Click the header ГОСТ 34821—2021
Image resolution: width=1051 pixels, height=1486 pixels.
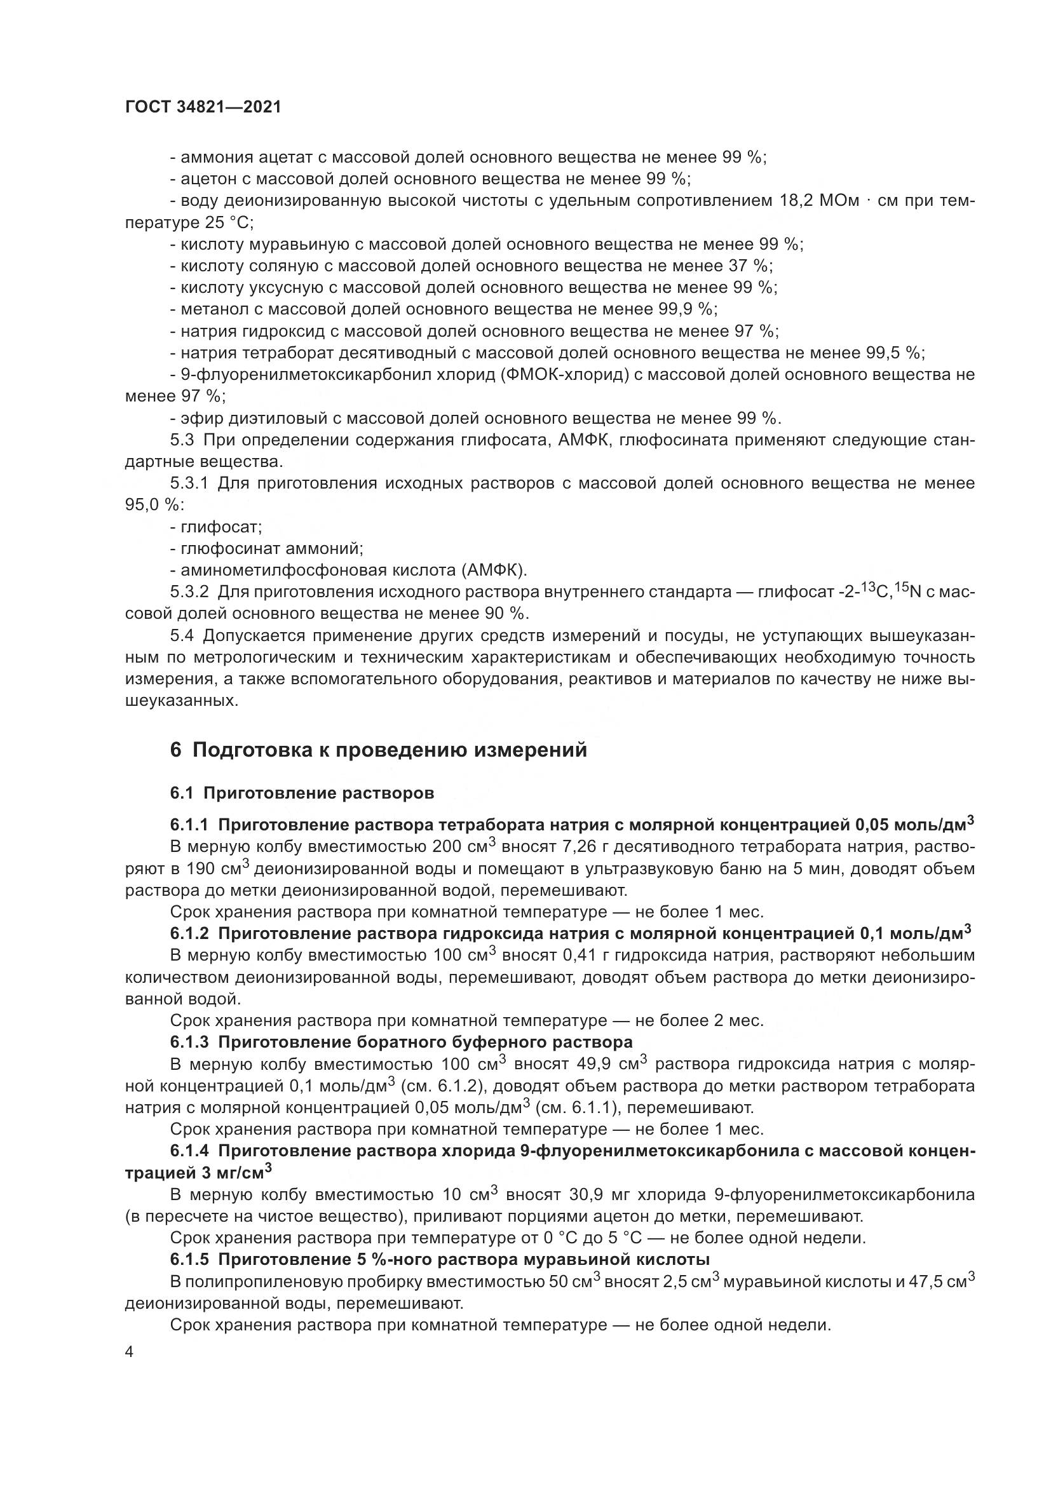203,107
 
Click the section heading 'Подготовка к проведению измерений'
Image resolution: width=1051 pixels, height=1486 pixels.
390,750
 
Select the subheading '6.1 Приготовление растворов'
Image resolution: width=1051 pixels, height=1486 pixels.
302,793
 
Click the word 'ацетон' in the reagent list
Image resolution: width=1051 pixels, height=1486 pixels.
206,179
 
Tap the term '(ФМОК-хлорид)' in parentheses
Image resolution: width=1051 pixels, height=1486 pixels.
564,375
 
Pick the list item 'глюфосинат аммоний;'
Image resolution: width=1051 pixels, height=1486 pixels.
267,549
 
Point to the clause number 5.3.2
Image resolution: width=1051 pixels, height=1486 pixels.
189,591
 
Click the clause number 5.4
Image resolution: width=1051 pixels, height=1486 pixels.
182,636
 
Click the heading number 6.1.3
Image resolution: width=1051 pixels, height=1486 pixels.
189,1042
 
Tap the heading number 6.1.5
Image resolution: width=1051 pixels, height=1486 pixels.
189,1259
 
